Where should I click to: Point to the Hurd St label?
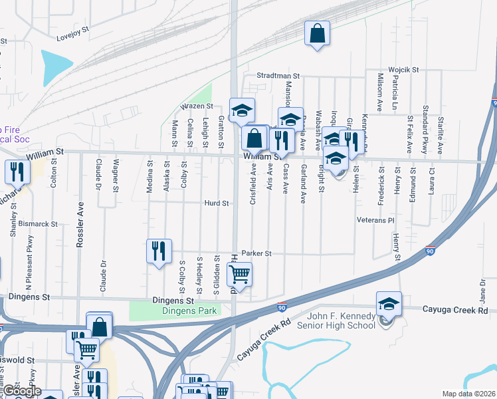coord(217,203)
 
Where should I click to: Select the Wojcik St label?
coord(403,69)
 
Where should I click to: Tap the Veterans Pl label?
coord(375,219)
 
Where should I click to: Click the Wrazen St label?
coord(197,106)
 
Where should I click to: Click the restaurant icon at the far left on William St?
coord(16,172)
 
